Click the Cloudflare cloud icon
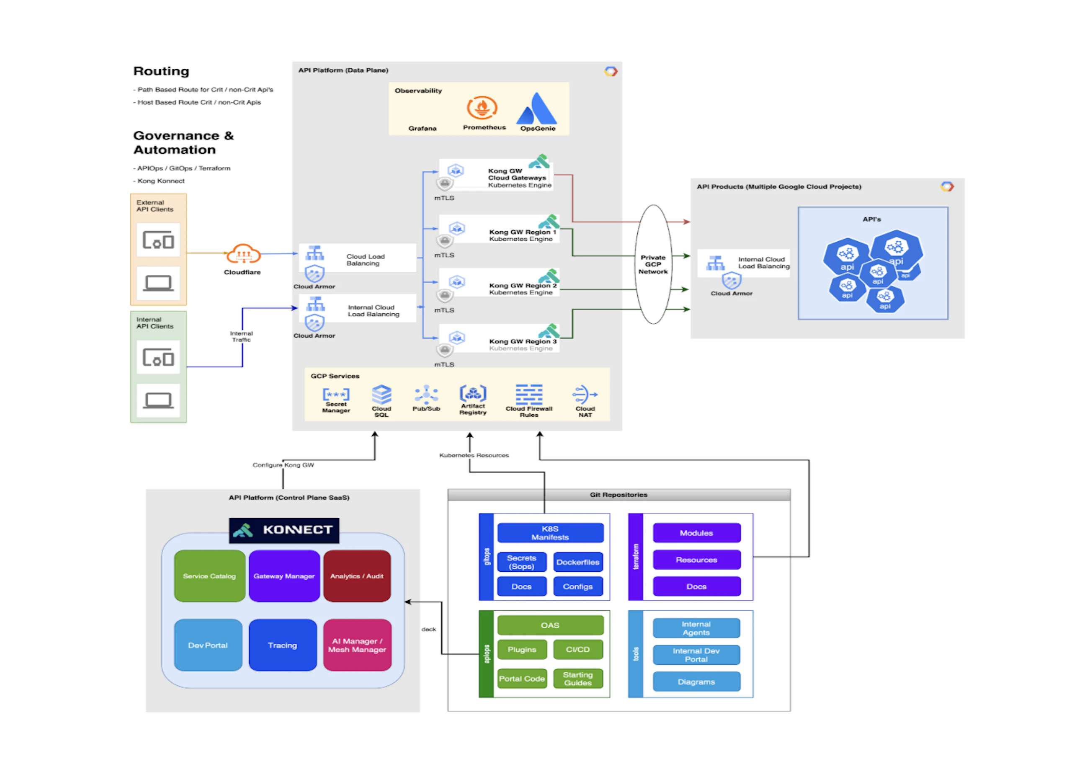click(243, 254)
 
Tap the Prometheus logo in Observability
click(482, 108)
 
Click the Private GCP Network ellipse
click(653, 264)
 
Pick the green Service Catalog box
click(209, 575)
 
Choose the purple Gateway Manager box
click(284, 575)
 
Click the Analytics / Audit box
click(357, 575)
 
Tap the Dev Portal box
click(208, 645)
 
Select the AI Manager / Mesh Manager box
click(357, 645)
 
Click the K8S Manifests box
click(550, 533)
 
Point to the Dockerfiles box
click(577, 562)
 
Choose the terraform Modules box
click(696, 533)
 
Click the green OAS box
click(550, 625)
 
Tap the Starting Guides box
click(577, 678)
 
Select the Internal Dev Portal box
click(696, 655)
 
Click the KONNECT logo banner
click(283, 530)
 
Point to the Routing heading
click(161, 71)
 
